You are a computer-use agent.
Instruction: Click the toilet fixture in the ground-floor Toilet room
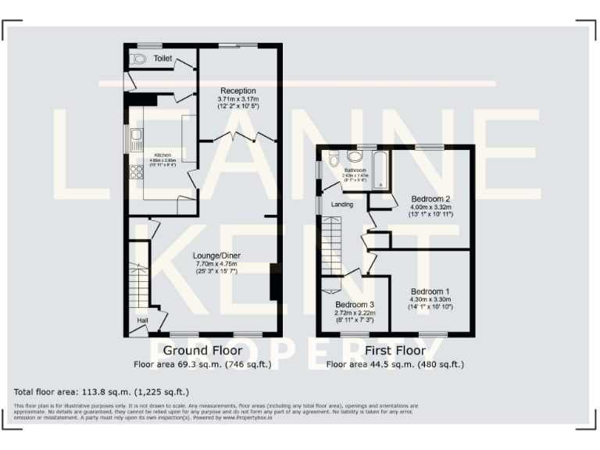click(x=140, y=59)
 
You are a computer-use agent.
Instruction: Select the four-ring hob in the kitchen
click(x=136, y=172)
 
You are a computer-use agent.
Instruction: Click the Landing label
click(x=342, y=205)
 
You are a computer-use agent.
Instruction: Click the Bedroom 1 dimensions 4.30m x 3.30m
click(x=430, y=298)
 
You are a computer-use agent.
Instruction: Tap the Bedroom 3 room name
click(x=354, y=304)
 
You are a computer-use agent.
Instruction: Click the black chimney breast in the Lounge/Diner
click(x=274, y=282)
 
